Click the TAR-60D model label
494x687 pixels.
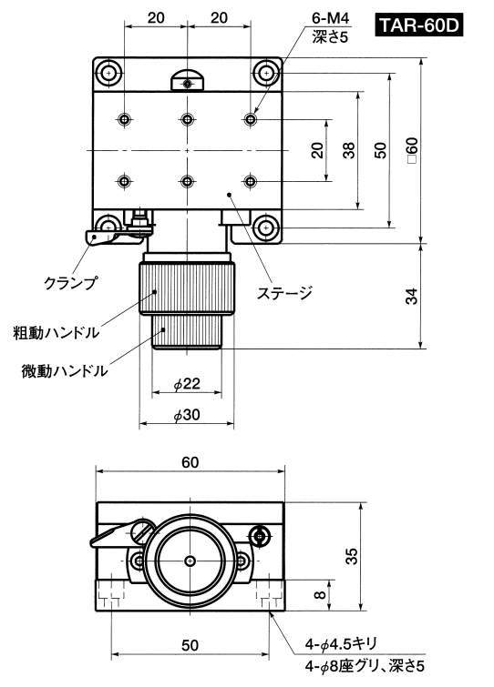[419, 25]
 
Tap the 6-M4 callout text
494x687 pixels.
[330, 18]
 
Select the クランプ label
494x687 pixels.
[70, 283]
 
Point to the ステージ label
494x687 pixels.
[284, 292]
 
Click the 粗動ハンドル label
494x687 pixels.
[57, 332]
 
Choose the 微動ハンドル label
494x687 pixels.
[65, 370]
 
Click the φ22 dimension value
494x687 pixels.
[187, 384]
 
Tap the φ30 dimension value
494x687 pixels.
[187, 415]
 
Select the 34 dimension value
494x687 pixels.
[412, 297]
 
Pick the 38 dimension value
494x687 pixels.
[349, 150]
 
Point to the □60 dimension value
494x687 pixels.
[412, 150]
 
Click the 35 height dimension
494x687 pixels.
[352, 556]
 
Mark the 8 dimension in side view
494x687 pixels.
[321, 594]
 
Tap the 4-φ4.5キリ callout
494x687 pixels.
[341, 644]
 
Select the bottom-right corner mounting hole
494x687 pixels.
[264, 227]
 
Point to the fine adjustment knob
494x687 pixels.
[187, 331]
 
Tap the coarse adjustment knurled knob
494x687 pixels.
[187, 288]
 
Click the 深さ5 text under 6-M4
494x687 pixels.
[330, 36]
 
